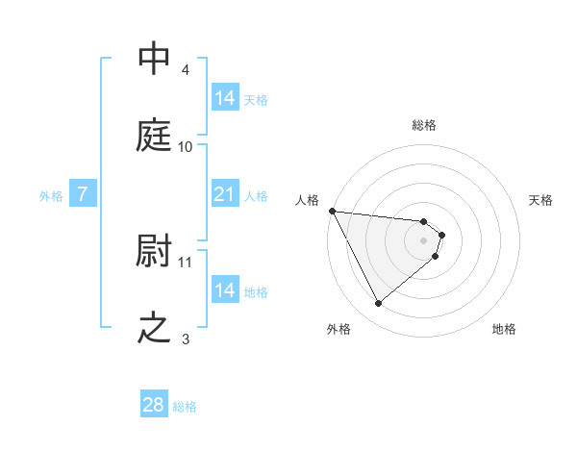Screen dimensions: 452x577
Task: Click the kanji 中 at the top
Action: click(155, 59)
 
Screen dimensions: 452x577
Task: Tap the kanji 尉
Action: click(155, 252)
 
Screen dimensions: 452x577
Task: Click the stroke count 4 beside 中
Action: click(186, 69)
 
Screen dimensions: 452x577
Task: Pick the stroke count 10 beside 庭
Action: click(186, 146)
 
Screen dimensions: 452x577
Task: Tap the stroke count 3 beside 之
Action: click(186, 339)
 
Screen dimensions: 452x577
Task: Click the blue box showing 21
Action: click(225, 194)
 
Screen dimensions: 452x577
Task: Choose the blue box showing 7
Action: click(84, 194)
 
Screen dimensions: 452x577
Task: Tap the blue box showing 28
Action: click(154, 405)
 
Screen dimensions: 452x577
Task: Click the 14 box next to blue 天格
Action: click(225, 97)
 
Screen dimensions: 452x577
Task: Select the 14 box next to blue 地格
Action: click(225, 289)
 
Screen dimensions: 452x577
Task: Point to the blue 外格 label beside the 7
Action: click(51, 195)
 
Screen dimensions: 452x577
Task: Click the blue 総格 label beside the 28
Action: click(185, 407)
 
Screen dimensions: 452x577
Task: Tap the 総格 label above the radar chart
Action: click(424, 125)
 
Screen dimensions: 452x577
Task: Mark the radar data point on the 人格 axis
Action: click(332, 211)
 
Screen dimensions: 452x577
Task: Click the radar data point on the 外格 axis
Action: click(378, 304)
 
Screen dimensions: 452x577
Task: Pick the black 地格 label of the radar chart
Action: click(504, 330)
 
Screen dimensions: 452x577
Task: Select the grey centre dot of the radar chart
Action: click(424, 240)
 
